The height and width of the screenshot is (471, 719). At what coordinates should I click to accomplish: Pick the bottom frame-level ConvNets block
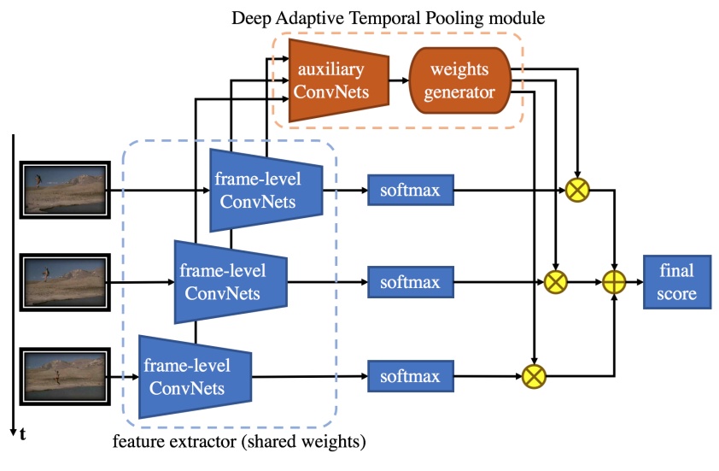194,376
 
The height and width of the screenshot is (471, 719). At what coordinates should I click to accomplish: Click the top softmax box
410,190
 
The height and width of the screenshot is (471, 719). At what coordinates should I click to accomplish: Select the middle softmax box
410,281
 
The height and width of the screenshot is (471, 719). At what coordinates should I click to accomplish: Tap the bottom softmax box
410,376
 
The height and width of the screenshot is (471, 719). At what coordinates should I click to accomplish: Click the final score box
676,283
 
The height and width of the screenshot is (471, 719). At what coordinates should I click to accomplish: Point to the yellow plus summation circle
614,282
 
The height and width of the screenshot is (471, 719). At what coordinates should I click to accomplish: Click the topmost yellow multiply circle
579,190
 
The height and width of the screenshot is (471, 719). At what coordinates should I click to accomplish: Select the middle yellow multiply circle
557,281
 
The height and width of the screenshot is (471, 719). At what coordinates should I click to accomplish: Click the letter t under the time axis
22,435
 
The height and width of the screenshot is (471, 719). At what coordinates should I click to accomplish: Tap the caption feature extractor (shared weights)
239,443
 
